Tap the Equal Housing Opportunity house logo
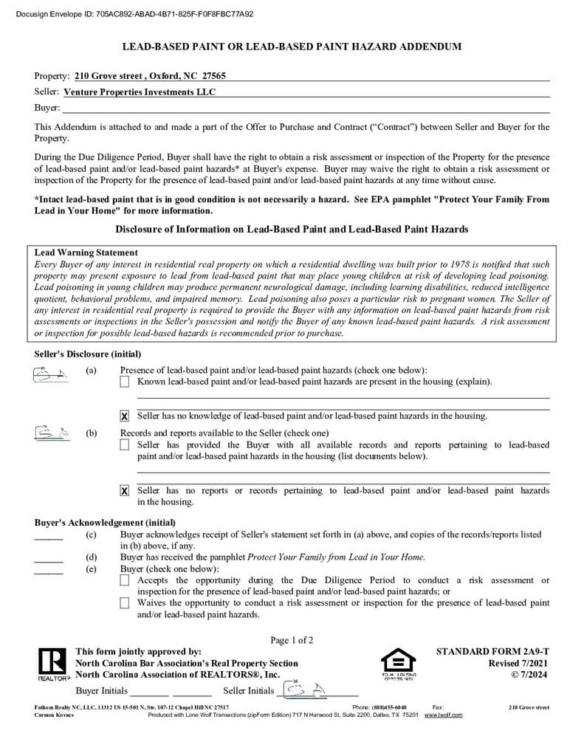coord(398,661)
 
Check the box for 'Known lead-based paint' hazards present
coord(124,382)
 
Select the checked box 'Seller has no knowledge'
coord(124,416)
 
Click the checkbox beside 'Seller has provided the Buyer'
coord(124,445)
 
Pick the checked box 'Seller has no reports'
coord(124,491)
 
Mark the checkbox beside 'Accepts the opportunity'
coord(124,581)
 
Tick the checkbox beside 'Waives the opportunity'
coord(124,603)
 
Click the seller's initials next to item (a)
coord(52,374)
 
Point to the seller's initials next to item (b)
coord(52,433)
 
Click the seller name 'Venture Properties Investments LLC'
coord(140,92)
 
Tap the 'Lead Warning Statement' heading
coord(86,252)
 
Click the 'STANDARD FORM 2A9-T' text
coord(492,652)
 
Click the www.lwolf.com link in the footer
coord(443,715)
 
